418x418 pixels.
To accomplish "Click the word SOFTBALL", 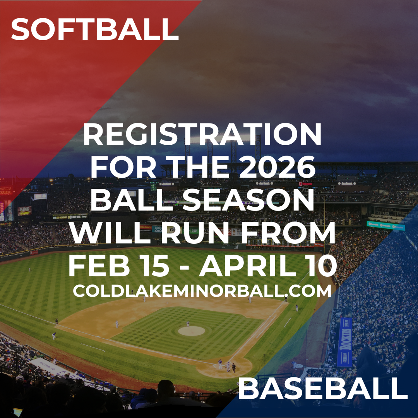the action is point(95,29).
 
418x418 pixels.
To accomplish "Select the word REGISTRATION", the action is point(202,134).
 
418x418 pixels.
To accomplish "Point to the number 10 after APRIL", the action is point(326,266).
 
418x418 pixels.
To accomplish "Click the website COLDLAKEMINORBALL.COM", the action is point(202,291).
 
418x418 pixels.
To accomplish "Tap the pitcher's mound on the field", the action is point(192,331).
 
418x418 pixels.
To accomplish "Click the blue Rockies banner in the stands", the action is point(344,342).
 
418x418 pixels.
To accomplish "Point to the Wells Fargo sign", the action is point(6,190).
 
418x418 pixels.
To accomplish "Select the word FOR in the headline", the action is point(123,167).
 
